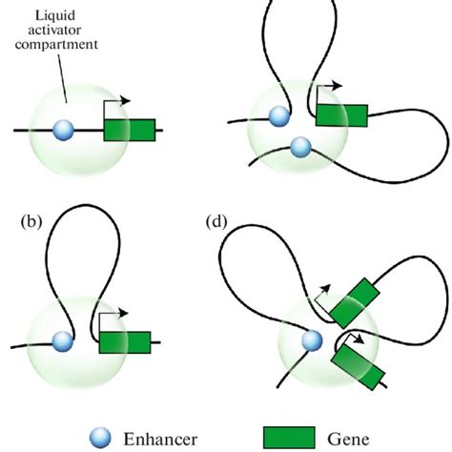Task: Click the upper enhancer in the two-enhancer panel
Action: click(x=279, y=116)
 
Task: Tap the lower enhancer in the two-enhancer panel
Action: click(x=300, y=147)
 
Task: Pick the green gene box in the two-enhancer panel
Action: click(x=340, y=114)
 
